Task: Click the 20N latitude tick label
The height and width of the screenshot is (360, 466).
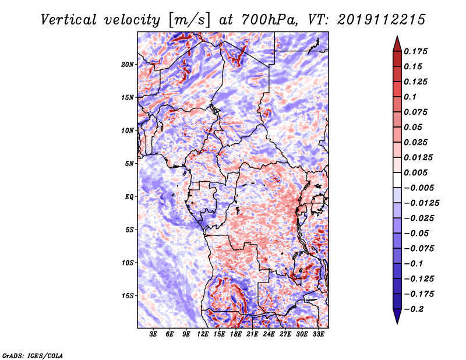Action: (x=127, y=65)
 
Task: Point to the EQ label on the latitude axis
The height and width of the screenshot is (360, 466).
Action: (x=129, y=197)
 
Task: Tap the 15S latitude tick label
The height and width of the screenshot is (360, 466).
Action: (x=128, y=296)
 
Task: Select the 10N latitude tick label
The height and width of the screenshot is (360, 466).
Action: (x=127, y=130)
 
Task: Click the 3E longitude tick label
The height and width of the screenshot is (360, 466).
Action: (x=153, y=334)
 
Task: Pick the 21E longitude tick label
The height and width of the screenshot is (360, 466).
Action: (x=252, y=334)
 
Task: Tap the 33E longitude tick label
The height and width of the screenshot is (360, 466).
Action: (x=318, y=334)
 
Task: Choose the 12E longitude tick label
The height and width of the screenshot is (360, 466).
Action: (x=203, y=334)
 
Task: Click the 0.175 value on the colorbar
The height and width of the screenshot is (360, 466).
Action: (x=415, y=51)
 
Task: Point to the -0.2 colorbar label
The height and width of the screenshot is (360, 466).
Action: (x=414, y=309)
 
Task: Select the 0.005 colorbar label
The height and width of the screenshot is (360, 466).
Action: (x=415, y=172)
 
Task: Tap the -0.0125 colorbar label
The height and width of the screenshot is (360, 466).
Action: (x=421, y=203)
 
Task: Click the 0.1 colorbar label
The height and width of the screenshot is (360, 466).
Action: (x=410, y=97)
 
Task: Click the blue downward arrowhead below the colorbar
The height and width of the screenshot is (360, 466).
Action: (x=397, y=316)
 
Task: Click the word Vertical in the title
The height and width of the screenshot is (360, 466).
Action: (x=69, y=20)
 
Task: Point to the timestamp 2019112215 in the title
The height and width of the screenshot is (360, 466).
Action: (x=382, y=20)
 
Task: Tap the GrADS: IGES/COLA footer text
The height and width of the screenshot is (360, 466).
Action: (x=33, y=356)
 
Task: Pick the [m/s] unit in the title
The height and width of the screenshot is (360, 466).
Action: (x=190, y=20)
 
